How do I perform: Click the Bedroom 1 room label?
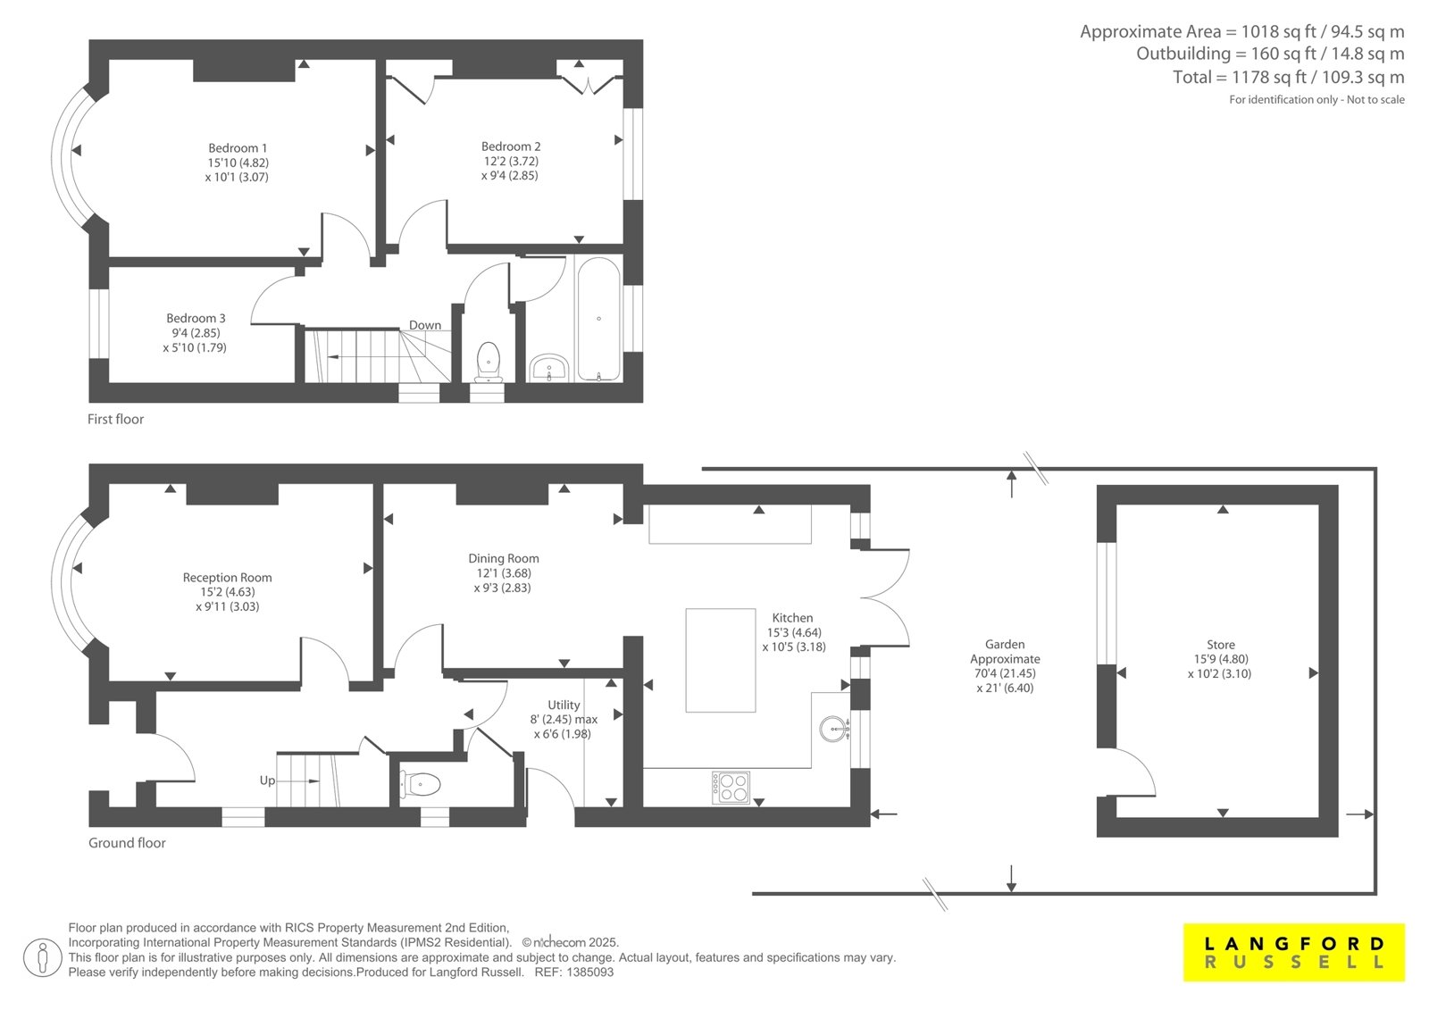[x=238, y=148]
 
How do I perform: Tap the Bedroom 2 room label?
[x=510, y=146]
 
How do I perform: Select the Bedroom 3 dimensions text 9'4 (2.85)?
[x=196, y=333]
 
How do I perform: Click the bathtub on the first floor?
[x=598, y=319]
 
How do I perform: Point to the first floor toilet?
[x=489, y=363]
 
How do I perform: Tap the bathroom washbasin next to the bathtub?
[x=549, y=368]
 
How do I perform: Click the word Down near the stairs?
[x=425, y=325]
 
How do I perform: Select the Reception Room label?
[x=227, y=578]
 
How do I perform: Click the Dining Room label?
[x=504, y=558]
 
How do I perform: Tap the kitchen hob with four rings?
[x=731, y=788]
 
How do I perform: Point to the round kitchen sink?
[x=834, y=729]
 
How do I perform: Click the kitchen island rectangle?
[x=721, y=660]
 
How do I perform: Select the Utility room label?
[x=564, y=705]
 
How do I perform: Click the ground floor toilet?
[x=420, y=784]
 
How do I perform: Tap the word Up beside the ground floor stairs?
[x=267, y=780]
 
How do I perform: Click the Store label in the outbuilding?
[x=1220, y=645]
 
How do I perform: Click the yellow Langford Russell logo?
[x=1294, y=953]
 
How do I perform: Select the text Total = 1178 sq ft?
[x=1245, y=77]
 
